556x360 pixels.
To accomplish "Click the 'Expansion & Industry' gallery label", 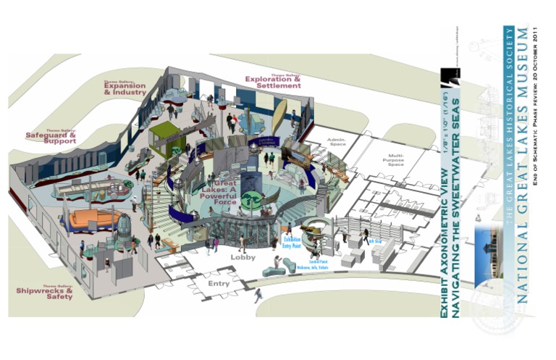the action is click(125, 90).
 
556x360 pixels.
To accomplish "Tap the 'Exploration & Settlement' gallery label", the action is click(273, 82).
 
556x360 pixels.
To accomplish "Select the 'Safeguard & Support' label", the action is click(51, 138).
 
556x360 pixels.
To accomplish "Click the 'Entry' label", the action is click(219, 283).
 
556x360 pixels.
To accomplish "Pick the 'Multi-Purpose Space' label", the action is click(395, 159).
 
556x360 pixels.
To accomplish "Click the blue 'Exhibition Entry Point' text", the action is click(292, 240).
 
